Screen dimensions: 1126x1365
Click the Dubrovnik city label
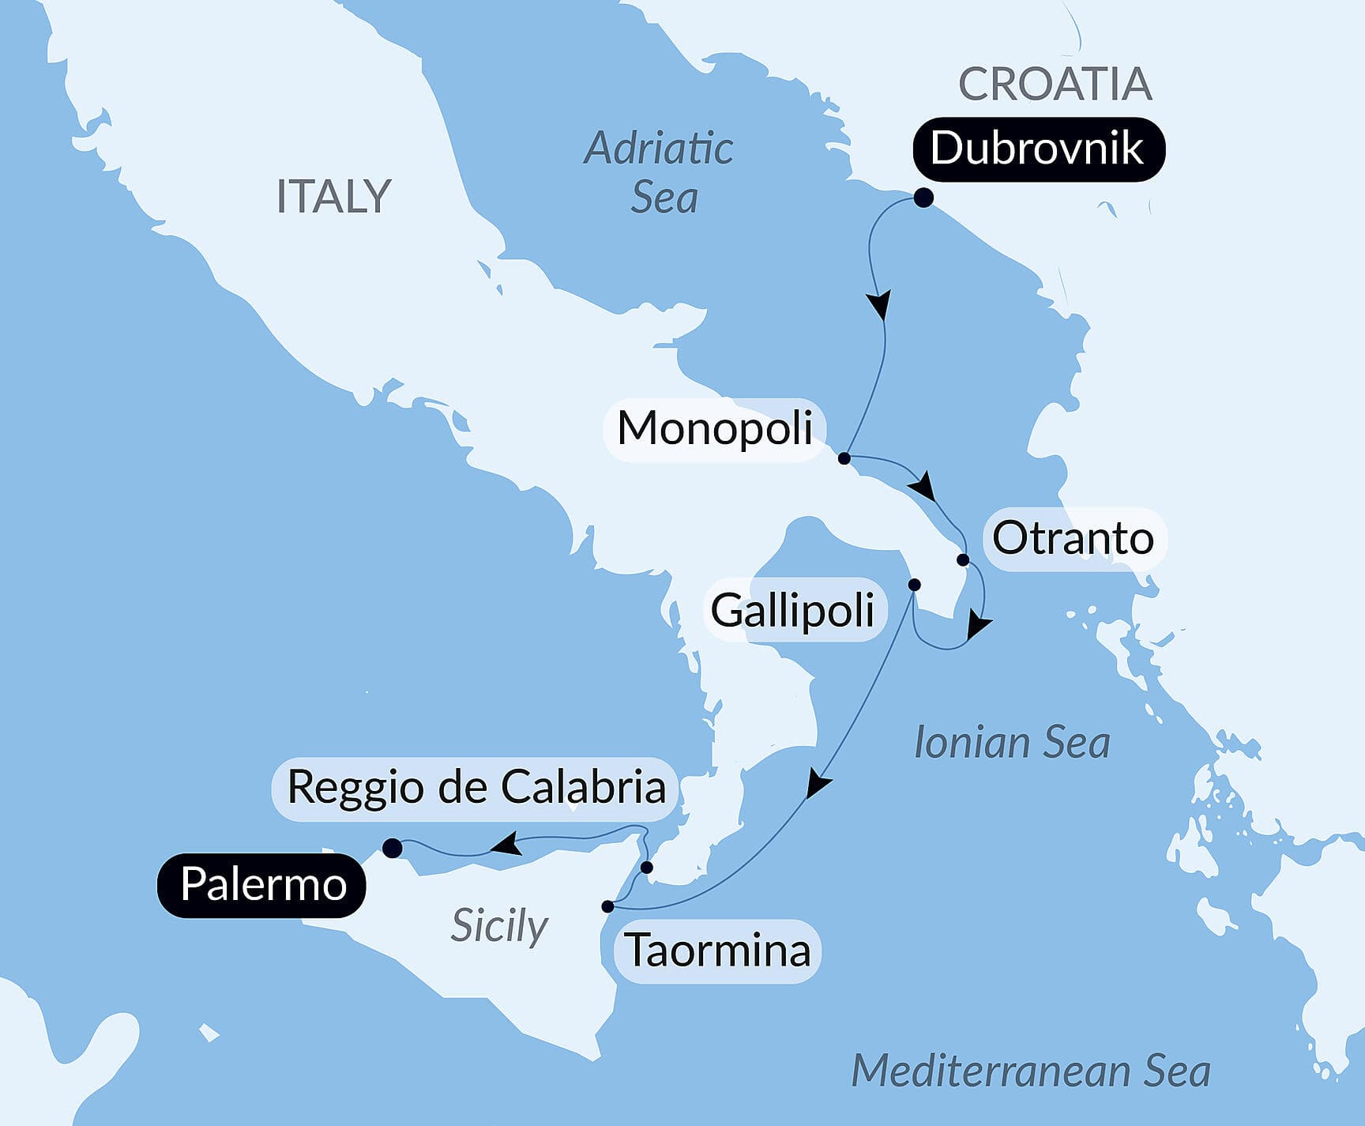click(x=1038, y=149)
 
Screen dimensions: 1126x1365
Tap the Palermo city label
click(x=262, y=885)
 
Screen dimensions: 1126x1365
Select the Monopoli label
click(x=714, y=429)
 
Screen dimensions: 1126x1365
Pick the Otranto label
click(x=1073, y=539)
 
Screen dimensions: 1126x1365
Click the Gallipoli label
click(x=792, y=611)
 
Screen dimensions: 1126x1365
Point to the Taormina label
click(x=717, y=951)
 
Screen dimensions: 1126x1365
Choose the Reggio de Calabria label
click(x=476, y=788)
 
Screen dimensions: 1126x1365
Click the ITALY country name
click(x=333, y=197)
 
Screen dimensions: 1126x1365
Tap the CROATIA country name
click(x=1055, y=84)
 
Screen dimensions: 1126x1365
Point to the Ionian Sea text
click(x=1011, y=743)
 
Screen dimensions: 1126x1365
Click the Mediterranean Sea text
click(x=1030, y=1071)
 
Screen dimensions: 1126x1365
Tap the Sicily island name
click(x=499, y=925)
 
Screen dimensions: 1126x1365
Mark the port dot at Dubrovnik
click(x=923, y=198)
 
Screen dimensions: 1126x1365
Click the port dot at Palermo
click(x=392, y=849)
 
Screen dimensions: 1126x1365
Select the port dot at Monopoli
click(x=844, y=458)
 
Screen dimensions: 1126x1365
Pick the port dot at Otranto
click(x=963, y=560)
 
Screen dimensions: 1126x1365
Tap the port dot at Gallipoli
click(x=914, y=586)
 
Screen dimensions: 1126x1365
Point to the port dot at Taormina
click(x=607, y=906)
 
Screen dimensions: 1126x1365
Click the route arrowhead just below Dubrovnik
click(x=879, y=304)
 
